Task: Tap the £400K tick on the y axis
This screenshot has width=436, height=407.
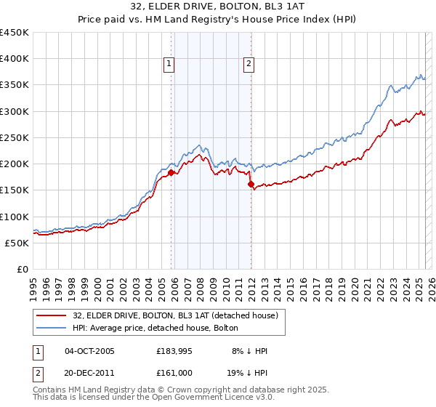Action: point(15,59)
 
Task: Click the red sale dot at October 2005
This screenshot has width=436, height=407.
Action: point(171,173)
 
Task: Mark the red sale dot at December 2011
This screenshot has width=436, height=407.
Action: point(251,185)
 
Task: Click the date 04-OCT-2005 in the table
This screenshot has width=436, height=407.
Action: point(89,351)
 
